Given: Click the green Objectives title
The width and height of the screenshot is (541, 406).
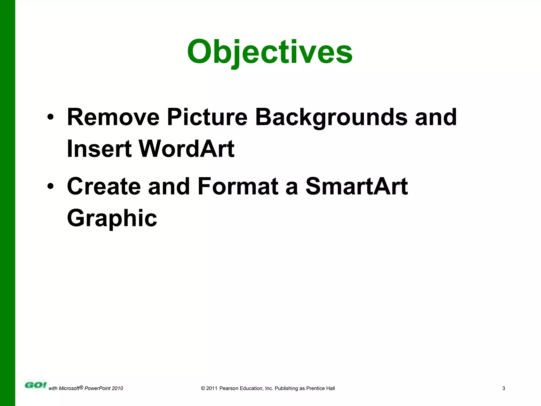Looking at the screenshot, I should tap(270, 52).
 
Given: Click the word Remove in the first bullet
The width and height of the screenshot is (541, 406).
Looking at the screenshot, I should tap(113, 117).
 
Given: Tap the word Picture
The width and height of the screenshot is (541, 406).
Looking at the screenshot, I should tap(207, 117).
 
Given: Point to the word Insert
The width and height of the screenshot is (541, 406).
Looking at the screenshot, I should tap(99, 149).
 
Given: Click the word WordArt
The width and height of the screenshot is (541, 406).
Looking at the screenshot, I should tap(186, 149).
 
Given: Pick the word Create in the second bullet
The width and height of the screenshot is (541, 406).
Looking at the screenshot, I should tap(104, 186).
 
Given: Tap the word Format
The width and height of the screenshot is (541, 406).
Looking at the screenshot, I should tap(238, 186).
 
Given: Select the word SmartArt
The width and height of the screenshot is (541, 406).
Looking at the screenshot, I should tap(357, 186).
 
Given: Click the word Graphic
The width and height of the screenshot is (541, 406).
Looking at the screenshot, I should tap(112, 218).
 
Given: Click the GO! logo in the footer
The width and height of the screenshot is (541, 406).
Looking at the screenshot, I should tap(35, 385).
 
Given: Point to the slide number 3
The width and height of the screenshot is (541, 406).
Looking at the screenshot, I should tap(503, 388).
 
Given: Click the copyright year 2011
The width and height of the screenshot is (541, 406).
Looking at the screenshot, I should tap(212, 388).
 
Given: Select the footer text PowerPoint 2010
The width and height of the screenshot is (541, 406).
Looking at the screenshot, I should tap(104, 388).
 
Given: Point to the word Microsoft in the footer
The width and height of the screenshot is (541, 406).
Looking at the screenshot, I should tap(69, 388).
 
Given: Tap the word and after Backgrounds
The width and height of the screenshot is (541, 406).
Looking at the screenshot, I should tap(436, 117).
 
